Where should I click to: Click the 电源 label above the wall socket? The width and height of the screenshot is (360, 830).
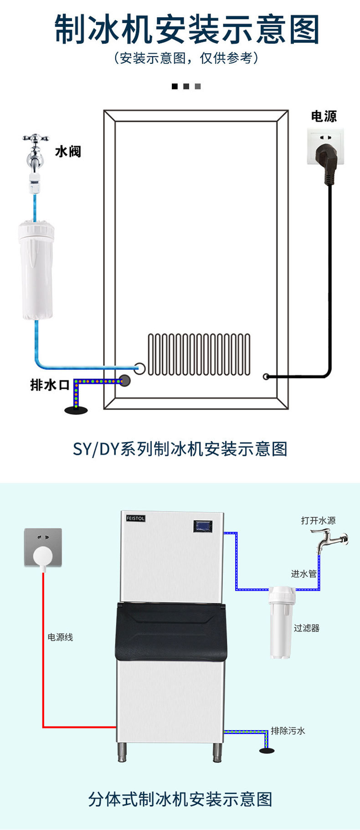(324, 116)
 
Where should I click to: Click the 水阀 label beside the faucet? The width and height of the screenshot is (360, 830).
(68, 151)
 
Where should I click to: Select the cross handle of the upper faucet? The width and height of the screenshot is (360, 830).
(36, 138)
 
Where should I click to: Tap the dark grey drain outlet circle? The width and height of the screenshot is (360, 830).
(124, 381)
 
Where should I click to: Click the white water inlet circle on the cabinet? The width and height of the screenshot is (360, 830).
(139, 368)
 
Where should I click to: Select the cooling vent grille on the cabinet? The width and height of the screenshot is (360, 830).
(199, 354)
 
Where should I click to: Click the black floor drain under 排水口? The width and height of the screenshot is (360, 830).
(76, 411)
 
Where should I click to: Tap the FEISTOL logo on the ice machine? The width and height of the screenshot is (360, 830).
(135, 518)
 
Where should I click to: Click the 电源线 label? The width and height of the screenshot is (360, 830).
(60, 637)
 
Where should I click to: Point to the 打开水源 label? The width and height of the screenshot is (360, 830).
(318, 521)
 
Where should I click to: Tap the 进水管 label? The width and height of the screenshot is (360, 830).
(303, 574)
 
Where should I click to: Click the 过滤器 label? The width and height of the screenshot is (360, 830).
(306, 628)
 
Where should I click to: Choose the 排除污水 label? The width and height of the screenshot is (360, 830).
(288, 731)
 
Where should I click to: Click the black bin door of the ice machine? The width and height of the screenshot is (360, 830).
(171, 631)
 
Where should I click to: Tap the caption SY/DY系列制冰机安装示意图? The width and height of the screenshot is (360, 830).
(180, 449)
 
